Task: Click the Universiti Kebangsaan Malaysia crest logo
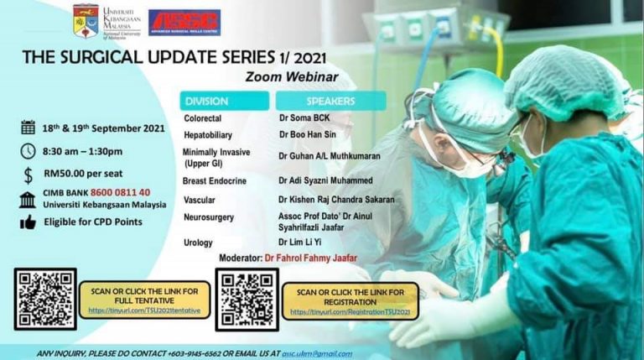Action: [x=86, y=21]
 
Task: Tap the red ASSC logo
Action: [x=184, y=22]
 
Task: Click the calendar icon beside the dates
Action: [x=28, y=127]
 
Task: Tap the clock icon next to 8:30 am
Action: [x=28, y=151]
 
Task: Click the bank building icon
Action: [x=28, y=198]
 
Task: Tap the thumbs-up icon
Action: [x=28, y=222]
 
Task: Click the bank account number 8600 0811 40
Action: [x=124, y=192]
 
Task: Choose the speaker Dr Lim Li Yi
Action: [x=304, y=243]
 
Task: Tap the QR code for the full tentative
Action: [x=45, y=299]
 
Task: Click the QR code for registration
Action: [x=247, y=299]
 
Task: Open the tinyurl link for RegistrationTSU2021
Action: [x=351, y=312]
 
